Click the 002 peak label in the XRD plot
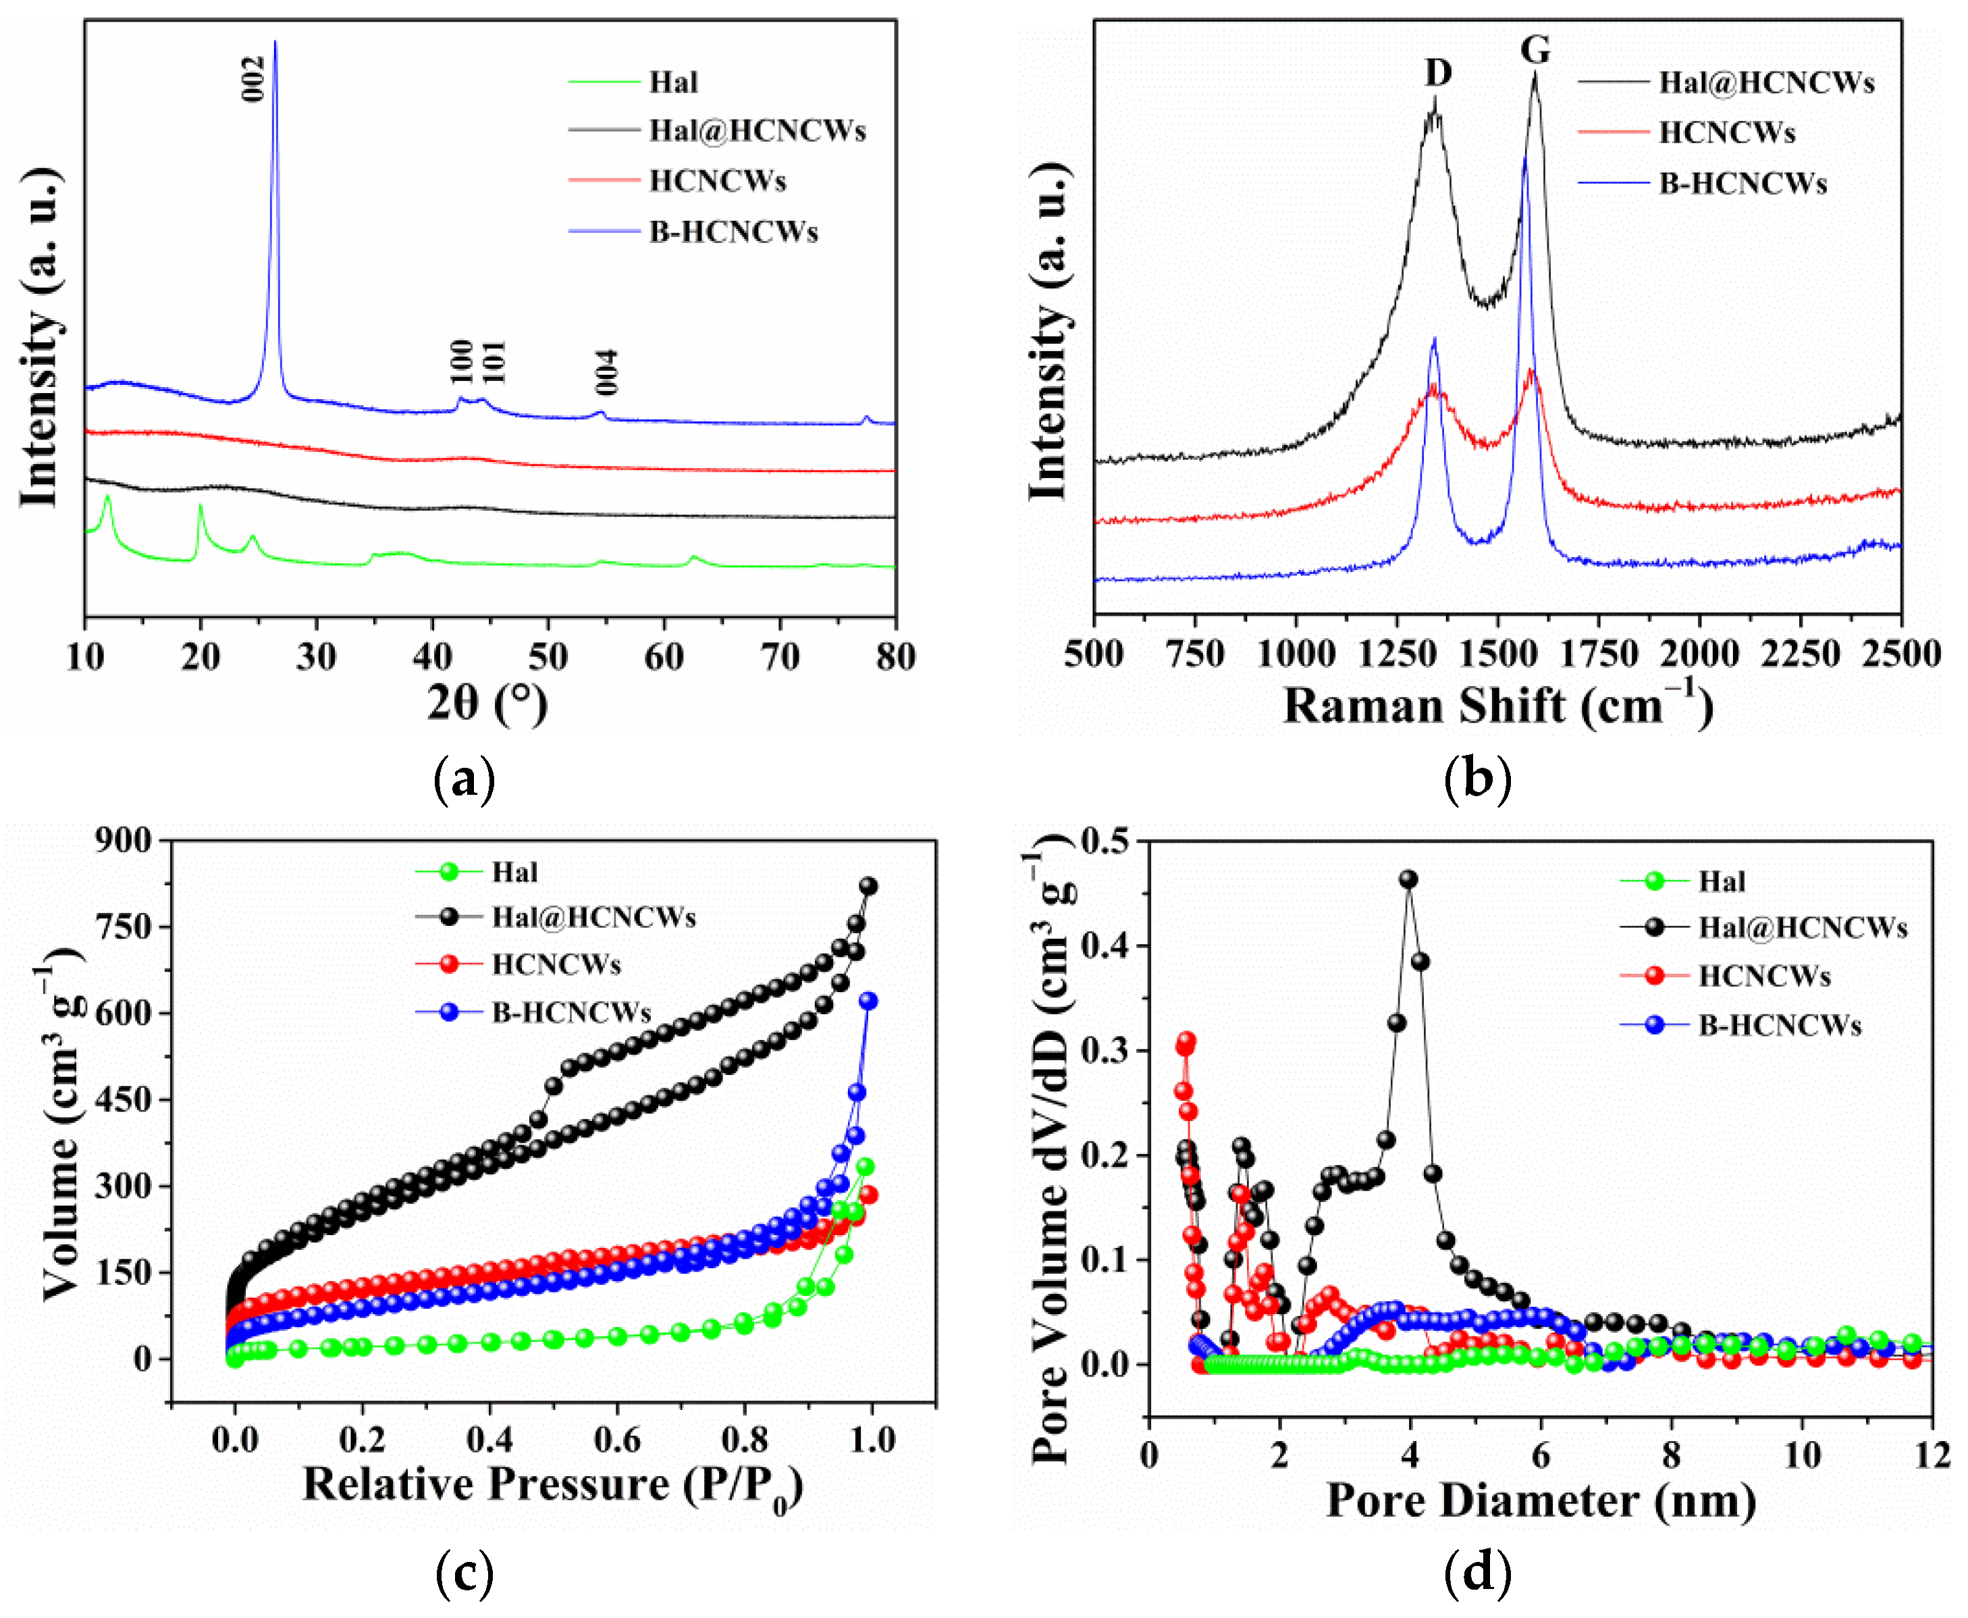click(253, 78)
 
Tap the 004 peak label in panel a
click(607, 372)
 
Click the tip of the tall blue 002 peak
click(275, 42)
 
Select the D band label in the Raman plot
click(1438, 73)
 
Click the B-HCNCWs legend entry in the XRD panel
click(733, 232)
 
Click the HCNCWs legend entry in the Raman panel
click(1727, 132)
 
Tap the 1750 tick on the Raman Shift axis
click(1599, 654)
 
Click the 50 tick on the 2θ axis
click(548, 657)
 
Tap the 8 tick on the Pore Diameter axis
click(1672, 1455)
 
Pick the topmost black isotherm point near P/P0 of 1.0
click(868, 885)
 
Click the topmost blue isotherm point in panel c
click(868, 1000)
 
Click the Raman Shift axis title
click(1497, 706)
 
